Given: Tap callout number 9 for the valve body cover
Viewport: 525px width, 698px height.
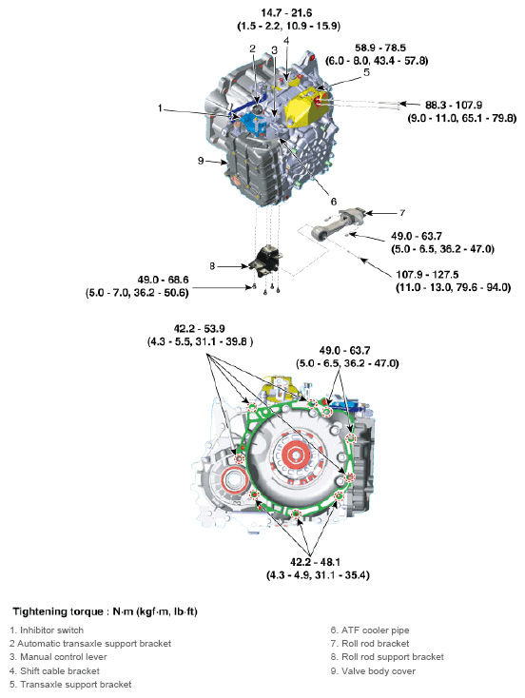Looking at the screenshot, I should coord(202,161).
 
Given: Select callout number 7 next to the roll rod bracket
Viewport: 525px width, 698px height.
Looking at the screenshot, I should coord(402,212).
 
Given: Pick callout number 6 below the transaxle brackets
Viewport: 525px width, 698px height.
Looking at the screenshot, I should coord(333,201).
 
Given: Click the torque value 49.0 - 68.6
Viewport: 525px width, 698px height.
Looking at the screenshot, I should coord(145,281).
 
